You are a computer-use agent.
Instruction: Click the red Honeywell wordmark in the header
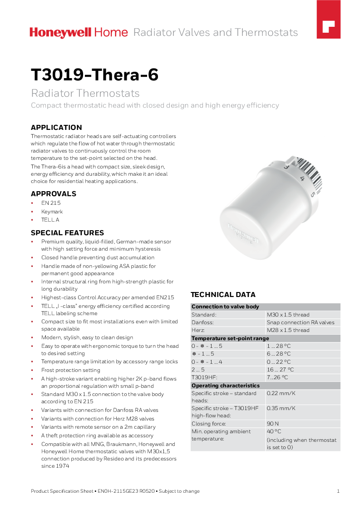click(x=60, y=32)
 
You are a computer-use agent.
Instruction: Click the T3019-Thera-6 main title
click(x=94, y=75)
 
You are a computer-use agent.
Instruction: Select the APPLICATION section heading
click(x=56, y=127)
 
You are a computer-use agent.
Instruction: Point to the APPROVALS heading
click(x=53, y=193)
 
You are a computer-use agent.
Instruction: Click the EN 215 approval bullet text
click(x=51, y=203)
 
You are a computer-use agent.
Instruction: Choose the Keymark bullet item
click(x=52, y=212)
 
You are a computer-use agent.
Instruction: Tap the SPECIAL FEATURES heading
click(x=67, y=233)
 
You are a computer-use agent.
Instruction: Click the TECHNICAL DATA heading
click(x=223, y=294)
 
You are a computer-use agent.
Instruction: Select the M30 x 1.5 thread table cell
click(x=288, y=315)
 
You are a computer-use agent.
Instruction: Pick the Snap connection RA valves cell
click(x=301, y=322)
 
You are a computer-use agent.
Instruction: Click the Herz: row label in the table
click(x=198, y=330)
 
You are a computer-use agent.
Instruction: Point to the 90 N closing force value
click(x=273, y=424)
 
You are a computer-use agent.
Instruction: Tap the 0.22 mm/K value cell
click(x=279, y=393)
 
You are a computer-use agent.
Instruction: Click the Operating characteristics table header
click(x=226, y=386)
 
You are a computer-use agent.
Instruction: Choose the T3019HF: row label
click(x=204, y=377)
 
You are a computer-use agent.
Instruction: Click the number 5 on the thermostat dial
click(x=313, y=194)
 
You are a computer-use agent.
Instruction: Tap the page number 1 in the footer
click(x=338, y=491)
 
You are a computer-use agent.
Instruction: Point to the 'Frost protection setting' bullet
click(x=70, y=370)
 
